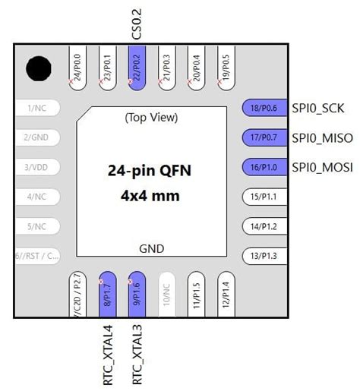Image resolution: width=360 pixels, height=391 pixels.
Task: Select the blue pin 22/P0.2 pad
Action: pyautogui.click(x=137, y=68)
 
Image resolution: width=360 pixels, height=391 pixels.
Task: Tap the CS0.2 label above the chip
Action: pyautogui.click(x=137, y=24)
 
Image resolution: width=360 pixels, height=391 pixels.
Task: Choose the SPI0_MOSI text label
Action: pyautogui.click(x=321, y=167)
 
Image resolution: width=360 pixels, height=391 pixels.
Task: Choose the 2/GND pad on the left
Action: pyautogui.click(x=36, y=137)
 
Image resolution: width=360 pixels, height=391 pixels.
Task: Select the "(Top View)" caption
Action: pyautogui.click(x=150, y=118)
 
